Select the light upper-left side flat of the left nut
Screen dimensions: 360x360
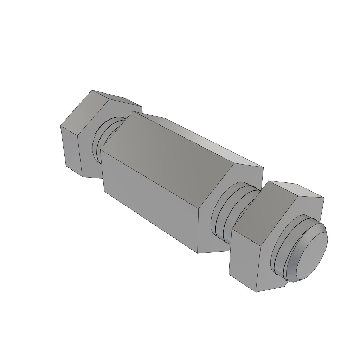[81, 112]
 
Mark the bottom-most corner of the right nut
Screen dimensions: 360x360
[256, 292]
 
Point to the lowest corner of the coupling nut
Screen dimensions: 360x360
[198, 253]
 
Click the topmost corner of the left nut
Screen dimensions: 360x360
[92, 90]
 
